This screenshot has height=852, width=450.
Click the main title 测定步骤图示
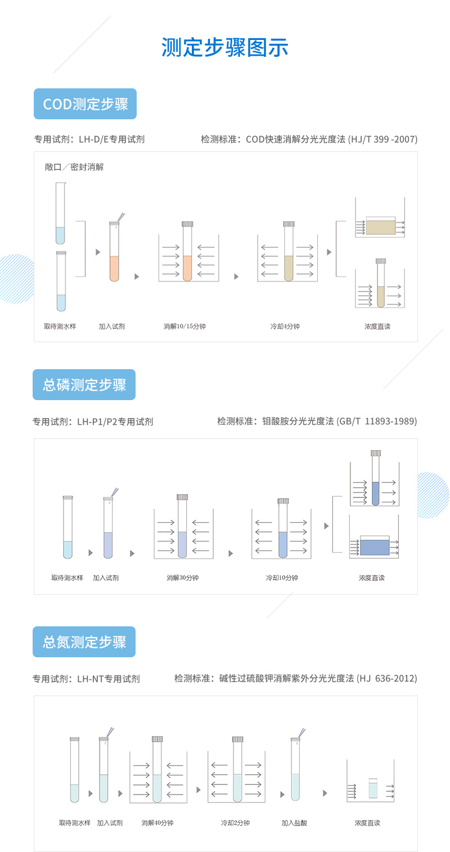pos(224,47)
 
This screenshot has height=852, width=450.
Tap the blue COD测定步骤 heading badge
pos(85,104)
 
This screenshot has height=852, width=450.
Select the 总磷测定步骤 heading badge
pos(84,384)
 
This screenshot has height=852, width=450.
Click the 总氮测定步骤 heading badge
pos(84,642)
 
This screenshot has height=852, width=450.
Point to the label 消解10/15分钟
pos(184,326)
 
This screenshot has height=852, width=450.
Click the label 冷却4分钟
pos(285,326)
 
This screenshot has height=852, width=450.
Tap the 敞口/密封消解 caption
pos(74,167)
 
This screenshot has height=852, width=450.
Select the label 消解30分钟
pos(182,578)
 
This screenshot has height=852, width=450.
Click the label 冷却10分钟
pos(282,578)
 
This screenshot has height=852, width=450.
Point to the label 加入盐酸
pos(294,823)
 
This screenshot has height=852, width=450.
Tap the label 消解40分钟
pos(157,823)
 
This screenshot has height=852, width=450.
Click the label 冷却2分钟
pos(235,823)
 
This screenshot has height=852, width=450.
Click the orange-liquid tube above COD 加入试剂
pos(114,251)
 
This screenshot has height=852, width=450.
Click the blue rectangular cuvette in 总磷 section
pos(375,546)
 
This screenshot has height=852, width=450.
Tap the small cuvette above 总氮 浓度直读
pos(373,788)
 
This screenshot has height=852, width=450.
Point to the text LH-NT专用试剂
pos(109,679)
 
